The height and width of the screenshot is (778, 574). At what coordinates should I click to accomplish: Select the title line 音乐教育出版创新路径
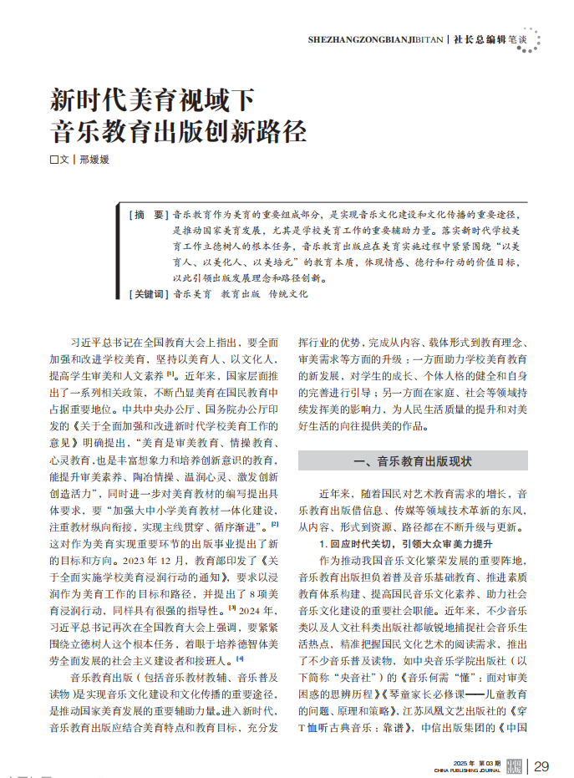(x=178, y=132)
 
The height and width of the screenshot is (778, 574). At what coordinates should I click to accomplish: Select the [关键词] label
(x=150, y=294)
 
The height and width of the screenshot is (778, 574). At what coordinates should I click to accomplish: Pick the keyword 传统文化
(x=288, y=294)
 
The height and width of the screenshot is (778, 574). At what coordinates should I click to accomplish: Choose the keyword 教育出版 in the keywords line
(x=241, y=294)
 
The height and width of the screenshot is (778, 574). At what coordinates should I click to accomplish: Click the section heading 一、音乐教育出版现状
(x=413, y=460)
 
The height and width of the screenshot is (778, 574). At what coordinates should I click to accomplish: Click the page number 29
(x=541, y=766)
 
